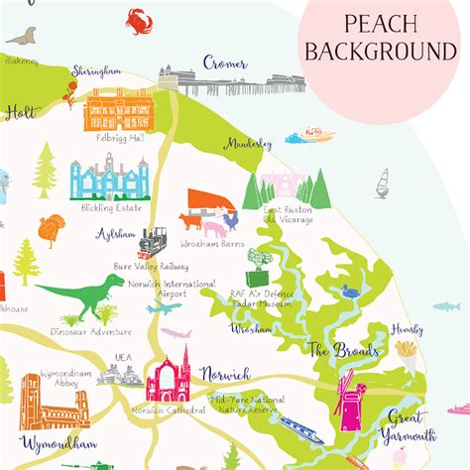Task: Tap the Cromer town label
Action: click(x=225, y=62)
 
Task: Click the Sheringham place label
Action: click(x=97, y=71)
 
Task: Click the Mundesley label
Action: click(x=248, y=143)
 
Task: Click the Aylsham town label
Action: click(x=116, y=235)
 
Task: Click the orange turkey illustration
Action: click(x=50, y=230)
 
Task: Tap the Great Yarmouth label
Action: click(x=411, y=426)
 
